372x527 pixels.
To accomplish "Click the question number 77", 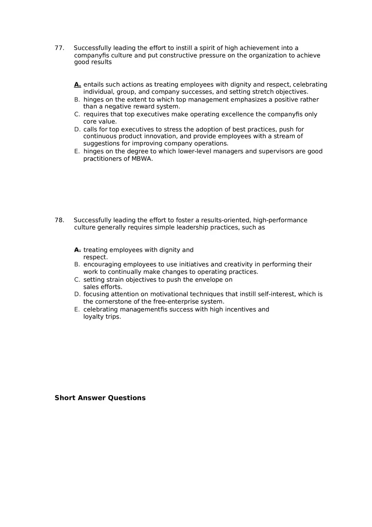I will tap(59, 48).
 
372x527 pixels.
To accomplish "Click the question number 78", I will tap(59, 220).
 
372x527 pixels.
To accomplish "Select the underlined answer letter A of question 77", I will tap(77, 85).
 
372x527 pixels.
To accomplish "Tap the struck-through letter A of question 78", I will tap(77, 250).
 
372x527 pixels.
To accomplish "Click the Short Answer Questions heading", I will tap(100, 398).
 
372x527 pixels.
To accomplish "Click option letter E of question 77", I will tap(77, 151).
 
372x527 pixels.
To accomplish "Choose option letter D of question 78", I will tap(77, 294).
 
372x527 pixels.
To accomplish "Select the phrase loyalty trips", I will tap(102, 317).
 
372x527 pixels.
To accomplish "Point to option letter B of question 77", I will tap(77, 100).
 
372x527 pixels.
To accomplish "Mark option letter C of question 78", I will tap(77, 280).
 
